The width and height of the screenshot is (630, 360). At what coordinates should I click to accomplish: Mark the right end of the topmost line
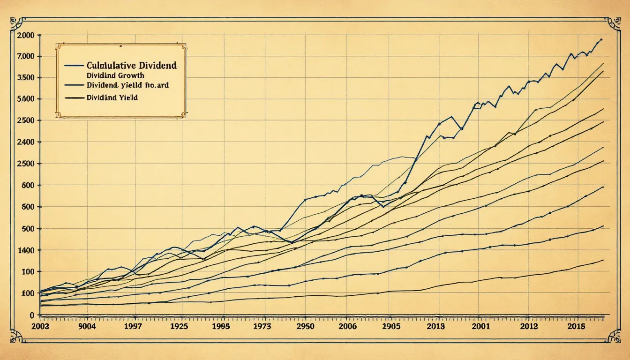601,39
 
